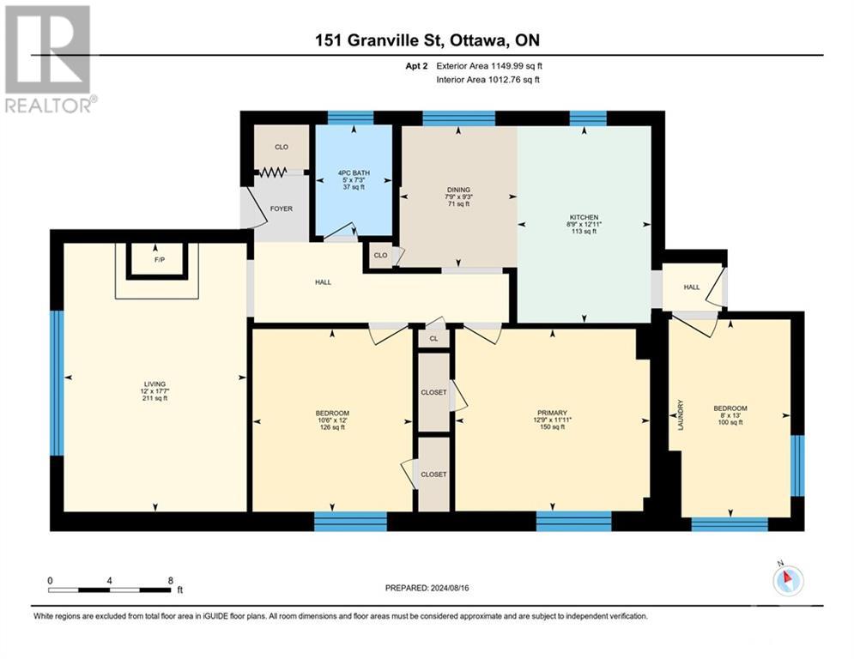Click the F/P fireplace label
[x=157, y=258]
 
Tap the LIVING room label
[x=154, y=384]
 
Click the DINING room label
[x=458, y=190]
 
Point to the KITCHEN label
[x=584, y=217]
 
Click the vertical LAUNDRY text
[x=681, y=415]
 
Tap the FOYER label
[x=281, y=209]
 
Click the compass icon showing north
[x=787, y=581]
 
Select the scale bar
[x=109, y=589]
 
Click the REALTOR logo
[x=50, y=58]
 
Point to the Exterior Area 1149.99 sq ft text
[x=489, y=65]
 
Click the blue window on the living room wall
[x=57, y=383]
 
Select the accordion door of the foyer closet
[x=273, y=172]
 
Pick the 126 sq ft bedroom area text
[x=332, y=429]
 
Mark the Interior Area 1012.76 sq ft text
[x=489, y=80]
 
